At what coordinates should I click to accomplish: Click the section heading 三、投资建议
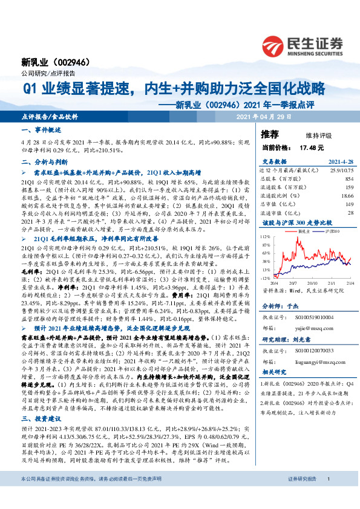[x=41, y=401]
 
